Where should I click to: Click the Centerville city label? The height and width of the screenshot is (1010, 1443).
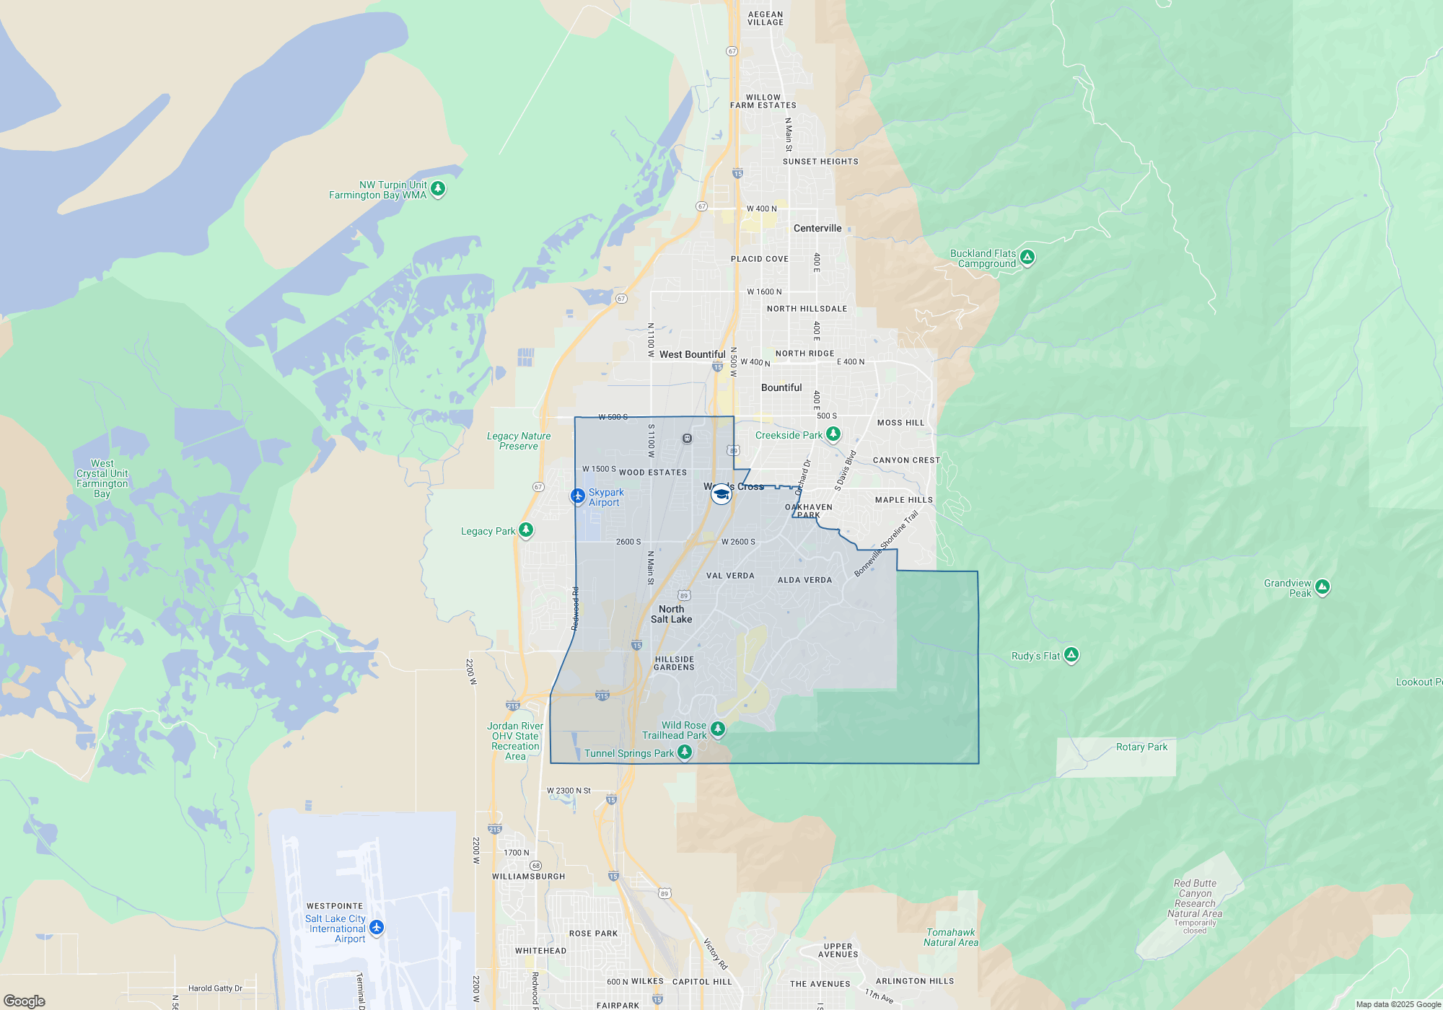coord(817,228)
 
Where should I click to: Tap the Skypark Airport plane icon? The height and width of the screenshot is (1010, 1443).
coord(577,496)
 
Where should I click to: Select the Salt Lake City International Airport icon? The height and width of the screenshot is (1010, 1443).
coord(376,927)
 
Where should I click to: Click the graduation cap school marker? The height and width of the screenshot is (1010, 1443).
coord(721,494)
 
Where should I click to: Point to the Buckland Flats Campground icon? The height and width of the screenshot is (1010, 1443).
coord(1027,257)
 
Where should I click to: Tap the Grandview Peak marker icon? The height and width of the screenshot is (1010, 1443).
coord(1322,587)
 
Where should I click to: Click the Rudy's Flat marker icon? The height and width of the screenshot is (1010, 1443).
coord(1071,655)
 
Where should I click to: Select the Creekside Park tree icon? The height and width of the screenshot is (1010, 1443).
coord(833,434)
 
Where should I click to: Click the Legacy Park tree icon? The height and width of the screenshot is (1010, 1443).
coord(526,530)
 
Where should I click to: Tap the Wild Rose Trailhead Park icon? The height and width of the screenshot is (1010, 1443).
coord(717,729)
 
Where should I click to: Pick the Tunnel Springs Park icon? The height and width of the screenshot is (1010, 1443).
coord(685,752)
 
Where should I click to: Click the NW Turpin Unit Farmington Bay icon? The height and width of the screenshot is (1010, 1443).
coord(437,189)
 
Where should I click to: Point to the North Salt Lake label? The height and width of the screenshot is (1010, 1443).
coord(671,614)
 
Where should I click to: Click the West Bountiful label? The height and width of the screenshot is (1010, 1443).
coord(692,354)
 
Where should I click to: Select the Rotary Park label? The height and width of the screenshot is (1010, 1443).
coord(1141,747)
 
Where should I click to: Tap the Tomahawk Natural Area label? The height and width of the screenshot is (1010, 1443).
coord(950,937)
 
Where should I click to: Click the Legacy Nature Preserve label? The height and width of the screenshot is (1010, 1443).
coord(518,441)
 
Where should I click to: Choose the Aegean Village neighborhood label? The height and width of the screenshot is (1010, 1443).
coord(765,18)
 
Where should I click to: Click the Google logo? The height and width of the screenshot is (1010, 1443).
coord(25,1001)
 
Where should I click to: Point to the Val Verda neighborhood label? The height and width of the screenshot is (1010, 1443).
coord(730,576)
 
